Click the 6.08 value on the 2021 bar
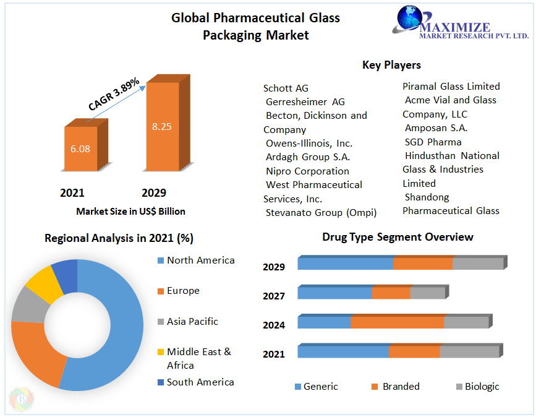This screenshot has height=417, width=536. [x=80, y=149]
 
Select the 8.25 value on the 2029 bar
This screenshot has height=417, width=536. [x=161, y=126]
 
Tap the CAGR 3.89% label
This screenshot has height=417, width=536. [x=114, y=95]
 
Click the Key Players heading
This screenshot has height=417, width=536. [x=391, y=65]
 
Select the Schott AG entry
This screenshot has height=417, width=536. [x=286, y=88]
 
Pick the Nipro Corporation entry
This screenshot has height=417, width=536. [x=307, y=171]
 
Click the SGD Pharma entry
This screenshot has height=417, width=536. [x=433, y=142]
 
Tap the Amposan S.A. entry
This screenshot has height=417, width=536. [x=436, y=127]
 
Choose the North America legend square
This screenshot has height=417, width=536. [x=161, y=260]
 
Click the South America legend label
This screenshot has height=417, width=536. [x=200, y=382]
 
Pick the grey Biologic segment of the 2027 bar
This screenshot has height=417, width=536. [x=427, y=293]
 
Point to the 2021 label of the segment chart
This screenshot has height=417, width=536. [x=274, y=354]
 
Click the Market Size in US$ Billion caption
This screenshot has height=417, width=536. [x=130, y=212]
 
